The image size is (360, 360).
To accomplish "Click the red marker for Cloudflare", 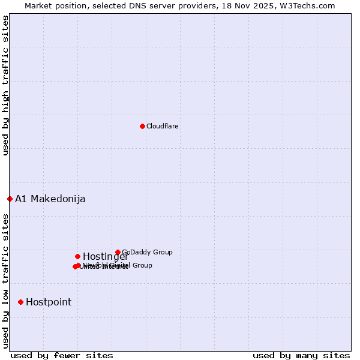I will tap(142, 126).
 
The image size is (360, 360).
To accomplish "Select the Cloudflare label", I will tap(163, 126).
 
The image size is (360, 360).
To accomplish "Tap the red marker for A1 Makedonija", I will tap(10, 199).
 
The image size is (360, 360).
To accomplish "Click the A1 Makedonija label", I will tap(50, 199).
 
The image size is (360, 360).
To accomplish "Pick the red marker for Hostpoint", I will tap(20, 302).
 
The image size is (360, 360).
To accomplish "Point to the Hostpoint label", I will tap(49, 302).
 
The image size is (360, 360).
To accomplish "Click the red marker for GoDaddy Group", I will tap(118, 252).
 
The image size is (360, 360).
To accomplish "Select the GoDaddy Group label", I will tap(147, 252).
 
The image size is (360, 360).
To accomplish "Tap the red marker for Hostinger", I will tap(77, 256).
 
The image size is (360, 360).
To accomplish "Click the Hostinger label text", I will tap(105, 257).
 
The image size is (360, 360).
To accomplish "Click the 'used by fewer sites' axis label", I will tap(62, 355).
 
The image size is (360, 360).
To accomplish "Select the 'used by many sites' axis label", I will tap(301, 355).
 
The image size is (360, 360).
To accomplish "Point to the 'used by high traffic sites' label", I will tap(5, 85).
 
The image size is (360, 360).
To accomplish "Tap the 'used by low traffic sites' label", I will tap(5, 281).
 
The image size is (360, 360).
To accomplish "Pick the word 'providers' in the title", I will tap(207, 5).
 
